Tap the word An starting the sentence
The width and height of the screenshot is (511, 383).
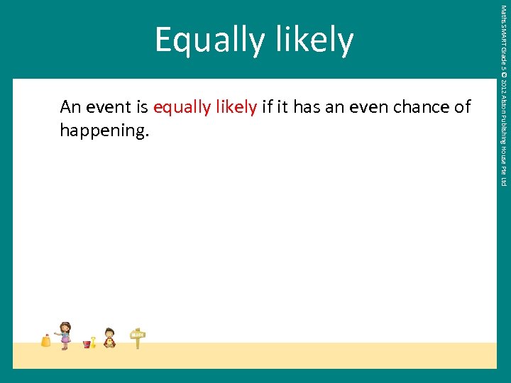point(70,107)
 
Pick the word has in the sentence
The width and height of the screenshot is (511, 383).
point(306,107)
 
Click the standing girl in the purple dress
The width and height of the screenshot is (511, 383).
point(65,335)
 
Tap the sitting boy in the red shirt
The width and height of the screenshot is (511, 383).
point(109,338)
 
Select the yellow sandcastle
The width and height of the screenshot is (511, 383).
point(46,340)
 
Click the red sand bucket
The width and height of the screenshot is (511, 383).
point(87,344)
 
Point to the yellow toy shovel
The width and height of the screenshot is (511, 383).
point(93,342)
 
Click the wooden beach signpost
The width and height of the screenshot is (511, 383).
point(138,338)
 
